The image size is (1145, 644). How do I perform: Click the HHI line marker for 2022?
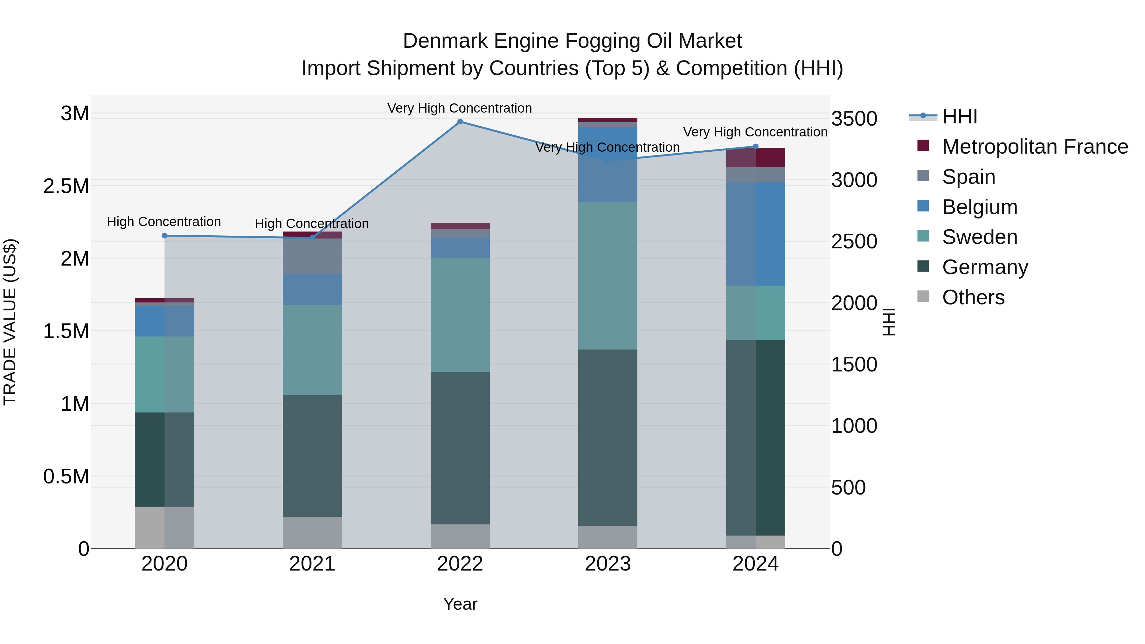click(460, 122)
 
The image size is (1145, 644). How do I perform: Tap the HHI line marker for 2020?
click(164, 236)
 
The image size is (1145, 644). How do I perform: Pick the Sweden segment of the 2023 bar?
click(607, 275)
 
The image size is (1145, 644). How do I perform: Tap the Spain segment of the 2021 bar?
click(312, 256)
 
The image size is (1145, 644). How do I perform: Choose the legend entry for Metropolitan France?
click(1034, 147)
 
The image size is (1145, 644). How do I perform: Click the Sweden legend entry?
click(979, 237)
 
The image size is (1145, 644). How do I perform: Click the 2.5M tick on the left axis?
click(66, 186)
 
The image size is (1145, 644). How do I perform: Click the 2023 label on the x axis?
click(607, 564)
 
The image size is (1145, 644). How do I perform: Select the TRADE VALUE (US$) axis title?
click(10, 322)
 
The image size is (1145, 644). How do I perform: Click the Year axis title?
click(460, 604)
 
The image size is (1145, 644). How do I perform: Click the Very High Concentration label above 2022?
click(460, 108)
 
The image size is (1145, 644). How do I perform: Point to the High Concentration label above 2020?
click(164, 221)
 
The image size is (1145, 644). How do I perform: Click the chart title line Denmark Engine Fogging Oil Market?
click(572, 41)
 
